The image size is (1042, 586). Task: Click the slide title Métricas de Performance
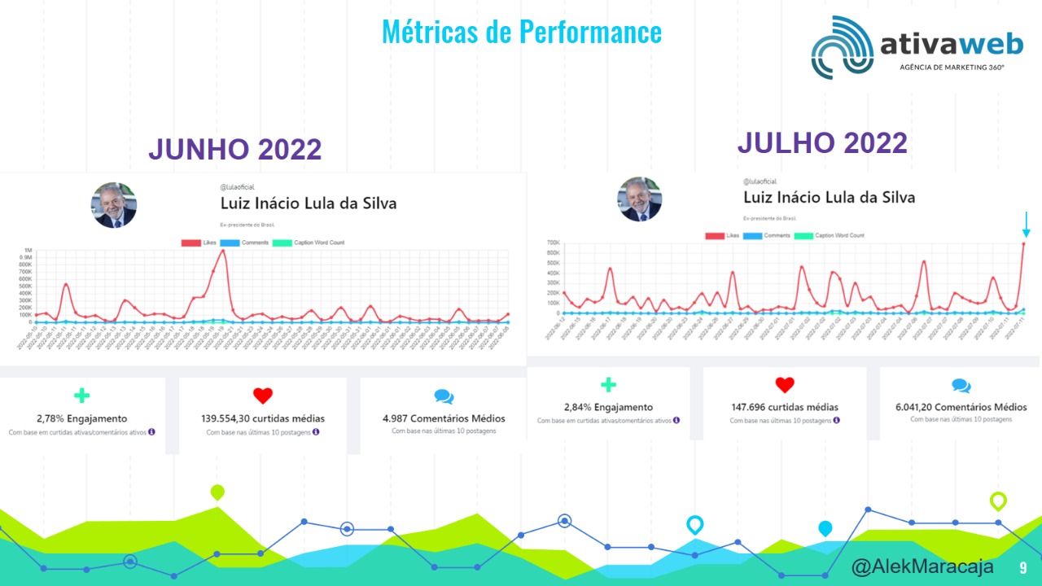(x=521, y=33)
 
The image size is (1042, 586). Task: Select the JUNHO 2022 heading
(x=234, y=150)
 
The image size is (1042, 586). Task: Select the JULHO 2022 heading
(x=822, y=143)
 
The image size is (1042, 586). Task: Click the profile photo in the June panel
(x=113, y=205)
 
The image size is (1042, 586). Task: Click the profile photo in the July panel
(x=640, y=199)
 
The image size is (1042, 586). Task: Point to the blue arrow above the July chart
(x=1027, y=225)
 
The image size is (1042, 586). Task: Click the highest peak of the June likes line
(x=223, y=251)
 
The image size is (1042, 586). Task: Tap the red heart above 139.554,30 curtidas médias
(x=262, y=396)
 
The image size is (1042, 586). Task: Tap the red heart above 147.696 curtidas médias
(x=784, y=386)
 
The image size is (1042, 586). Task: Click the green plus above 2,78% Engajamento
(x=81, y=396)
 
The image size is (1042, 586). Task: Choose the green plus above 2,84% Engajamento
(x=608, y=385)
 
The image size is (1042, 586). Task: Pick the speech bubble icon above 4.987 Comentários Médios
(x=444, y=396)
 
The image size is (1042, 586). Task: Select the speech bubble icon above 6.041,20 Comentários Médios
(x=961, y=386)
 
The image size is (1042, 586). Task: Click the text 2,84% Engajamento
(x=608, y=407)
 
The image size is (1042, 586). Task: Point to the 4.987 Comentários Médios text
(x=444, y=418)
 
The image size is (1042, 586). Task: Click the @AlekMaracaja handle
(x=922, y=567)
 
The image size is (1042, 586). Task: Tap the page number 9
(x=1023, y=567)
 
